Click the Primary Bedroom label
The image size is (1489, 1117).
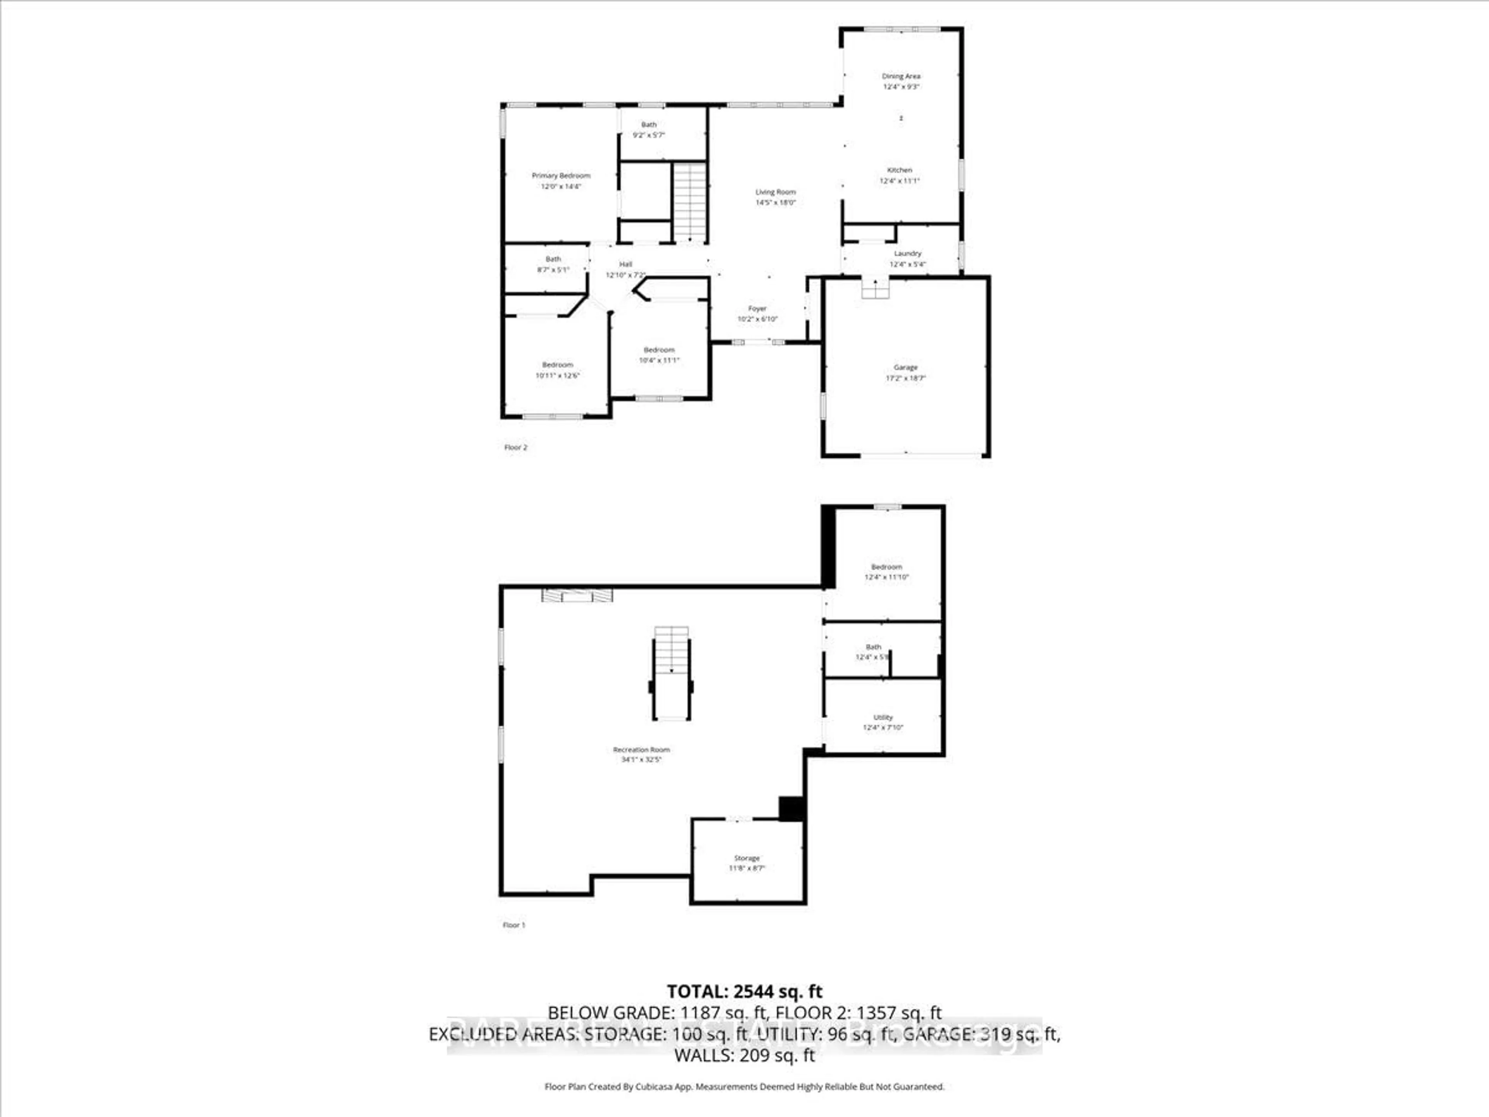point(561,176)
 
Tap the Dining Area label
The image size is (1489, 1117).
point(901,76)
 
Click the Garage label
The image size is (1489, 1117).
point(905,368)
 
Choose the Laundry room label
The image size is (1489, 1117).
point(907,254)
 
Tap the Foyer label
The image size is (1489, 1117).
point(757,308)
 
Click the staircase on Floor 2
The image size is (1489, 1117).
point(689,202)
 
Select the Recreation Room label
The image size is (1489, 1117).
point(641,749)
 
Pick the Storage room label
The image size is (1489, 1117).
point(746,858)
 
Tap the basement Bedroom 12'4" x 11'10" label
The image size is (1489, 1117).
point(886,567)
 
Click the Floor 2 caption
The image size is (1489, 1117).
point(516,447)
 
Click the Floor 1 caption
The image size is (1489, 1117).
point(514,925)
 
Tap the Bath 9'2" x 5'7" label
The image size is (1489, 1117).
point(648,124)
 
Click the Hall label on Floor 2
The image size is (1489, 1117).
point(625,265)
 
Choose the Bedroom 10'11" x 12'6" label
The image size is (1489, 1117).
point(557,365)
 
